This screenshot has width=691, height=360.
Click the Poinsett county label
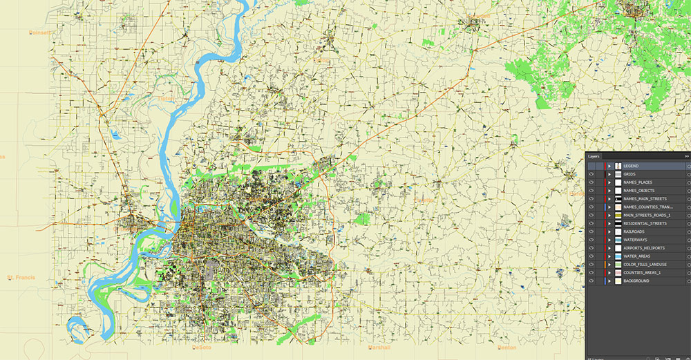click(x=41, y=32)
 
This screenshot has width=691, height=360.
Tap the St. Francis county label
click(x=21, y=278)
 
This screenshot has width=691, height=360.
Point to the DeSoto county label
click(x=202, y=348)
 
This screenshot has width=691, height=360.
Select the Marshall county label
click(x=379, y=347)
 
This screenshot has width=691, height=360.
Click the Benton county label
click(x=507, y=347)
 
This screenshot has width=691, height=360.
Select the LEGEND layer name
click(x=632, y=166)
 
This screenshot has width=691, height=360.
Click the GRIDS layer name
click(x=629, y=174)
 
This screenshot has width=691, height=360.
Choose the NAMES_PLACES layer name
click(x=638, y=182)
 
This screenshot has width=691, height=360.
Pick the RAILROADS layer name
click(x=634, y=231)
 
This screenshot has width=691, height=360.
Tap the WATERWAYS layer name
click(x=636, y=240)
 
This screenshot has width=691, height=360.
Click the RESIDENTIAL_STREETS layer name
click(x=645, y=223)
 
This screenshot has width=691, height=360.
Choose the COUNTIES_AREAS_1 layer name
click(x=642, y=272)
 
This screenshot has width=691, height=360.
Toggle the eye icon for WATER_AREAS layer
click(x=591, y=256)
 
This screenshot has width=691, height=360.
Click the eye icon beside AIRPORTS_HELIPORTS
click(x=591, y=248)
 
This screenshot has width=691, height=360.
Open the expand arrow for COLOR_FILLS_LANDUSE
click(x=609, y=265)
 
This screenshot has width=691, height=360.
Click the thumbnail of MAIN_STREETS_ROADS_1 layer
click(x=618, y=215)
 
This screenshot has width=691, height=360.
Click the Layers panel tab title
click(x=594, y=157)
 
